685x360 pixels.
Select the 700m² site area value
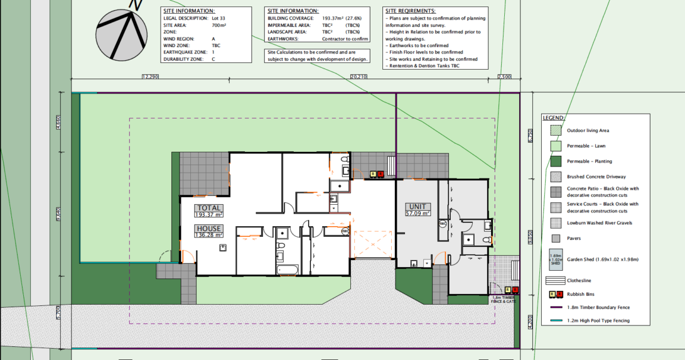[x=218, y=25]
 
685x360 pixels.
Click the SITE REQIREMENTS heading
[x=410, y=11]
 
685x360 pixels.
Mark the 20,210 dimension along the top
[x=359, y=77]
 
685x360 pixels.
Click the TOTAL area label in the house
[x=209, y=208]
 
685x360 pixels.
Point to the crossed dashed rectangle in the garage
[x=374, y=245]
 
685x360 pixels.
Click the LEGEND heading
[x=554, y=118]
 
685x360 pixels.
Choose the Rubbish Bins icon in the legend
[x=555, y=294]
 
